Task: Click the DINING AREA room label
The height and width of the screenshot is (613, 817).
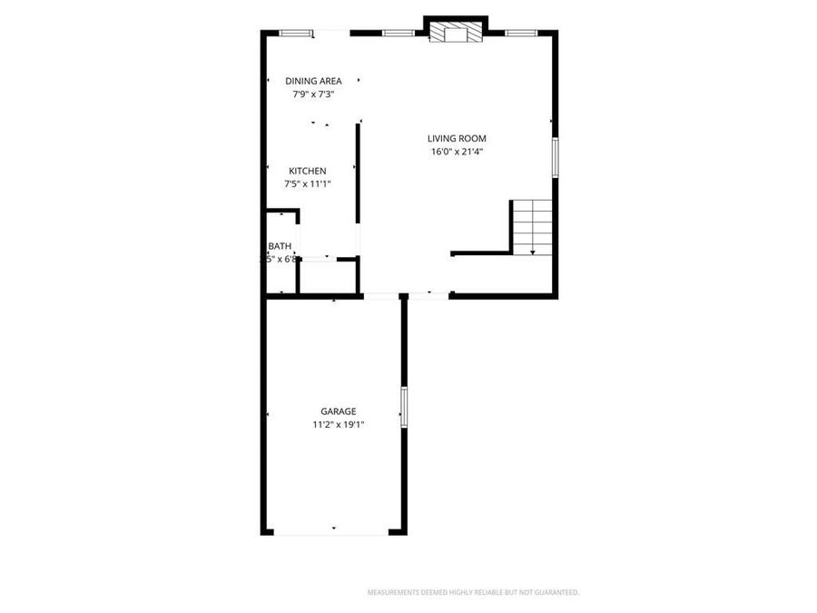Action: pos(313,81)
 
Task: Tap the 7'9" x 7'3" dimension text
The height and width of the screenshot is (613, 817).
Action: pos(313,94)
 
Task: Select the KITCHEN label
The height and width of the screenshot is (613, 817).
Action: pos(308,171)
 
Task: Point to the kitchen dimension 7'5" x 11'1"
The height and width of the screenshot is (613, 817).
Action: pos(308,183)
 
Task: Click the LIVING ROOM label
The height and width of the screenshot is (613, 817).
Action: pos(457,139)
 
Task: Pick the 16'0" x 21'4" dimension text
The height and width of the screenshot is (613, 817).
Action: pos(457,152)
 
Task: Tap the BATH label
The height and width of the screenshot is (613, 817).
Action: pos(280,246)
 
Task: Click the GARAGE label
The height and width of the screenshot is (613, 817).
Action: pos(338,411)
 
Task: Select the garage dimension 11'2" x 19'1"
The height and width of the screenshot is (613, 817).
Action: pos(338,424)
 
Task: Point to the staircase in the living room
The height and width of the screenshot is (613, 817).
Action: pos(532,226)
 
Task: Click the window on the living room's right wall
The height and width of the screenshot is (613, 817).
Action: pos(554,156)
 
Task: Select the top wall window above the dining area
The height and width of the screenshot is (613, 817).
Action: pos(295,34)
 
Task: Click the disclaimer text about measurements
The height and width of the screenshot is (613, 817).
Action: pos(472,593)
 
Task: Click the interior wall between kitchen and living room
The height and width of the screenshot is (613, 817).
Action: pos(358,173)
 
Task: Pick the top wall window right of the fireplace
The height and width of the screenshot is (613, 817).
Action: pos(520,34)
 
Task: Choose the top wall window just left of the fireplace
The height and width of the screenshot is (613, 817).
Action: pos(398,34)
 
